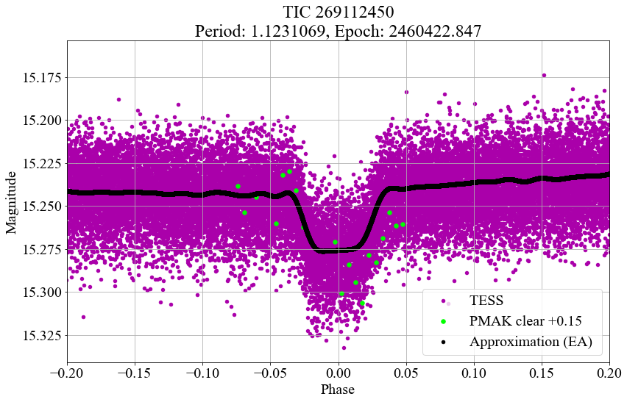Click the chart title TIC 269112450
click(339, 12)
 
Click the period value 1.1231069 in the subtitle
click(288, 31)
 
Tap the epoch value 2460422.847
click(435, 31)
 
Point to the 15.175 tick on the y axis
click(40, 77)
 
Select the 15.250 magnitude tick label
click(40, 207)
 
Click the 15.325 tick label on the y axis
click(40, 335)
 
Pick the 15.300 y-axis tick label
click(40, 292)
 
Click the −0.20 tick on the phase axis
click(67, 373)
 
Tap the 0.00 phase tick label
click(339, 373)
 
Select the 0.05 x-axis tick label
click(406, 373)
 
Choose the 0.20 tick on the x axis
click(609, 373)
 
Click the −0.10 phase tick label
click(202, 373)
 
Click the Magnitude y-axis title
click(11, 202)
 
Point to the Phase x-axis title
click(338, 390)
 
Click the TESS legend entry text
click(486, 300)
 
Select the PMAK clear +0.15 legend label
click(525, 321)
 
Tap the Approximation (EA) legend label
click(531, 342)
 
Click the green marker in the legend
click(443, 321)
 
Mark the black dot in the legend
click(443, 342)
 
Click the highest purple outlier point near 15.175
click(544, 75)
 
